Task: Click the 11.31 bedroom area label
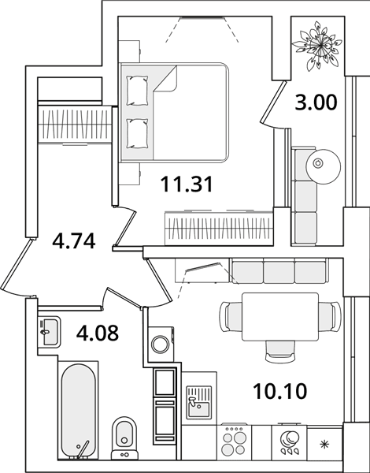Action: point(187,184)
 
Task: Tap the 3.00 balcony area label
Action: point(316,102)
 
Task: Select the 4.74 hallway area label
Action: point(74,241)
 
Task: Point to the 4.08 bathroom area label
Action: point(98,333)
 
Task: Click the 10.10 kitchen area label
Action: point(280,391)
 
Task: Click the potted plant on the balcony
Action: point(317,46)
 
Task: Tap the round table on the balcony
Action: point(323,166)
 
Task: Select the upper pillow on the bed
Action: point(138,91)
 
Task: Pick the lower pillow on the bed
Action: point(138,133)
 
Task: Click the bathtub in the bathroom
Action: point(79,411)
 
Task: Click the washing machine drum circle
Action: point(161,344)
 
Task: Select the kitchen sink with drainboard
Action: point(198,403)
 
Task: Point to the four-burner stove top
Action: point(234,442)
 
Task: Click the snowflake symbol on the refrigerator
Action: point(324,445)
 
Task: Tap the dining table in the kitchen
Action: point(280,316)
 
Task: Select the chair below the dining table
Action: point(280,351)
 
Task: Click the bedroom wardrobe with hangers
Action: point(219,228)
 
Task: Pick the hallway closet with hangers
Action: point(75,124)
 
